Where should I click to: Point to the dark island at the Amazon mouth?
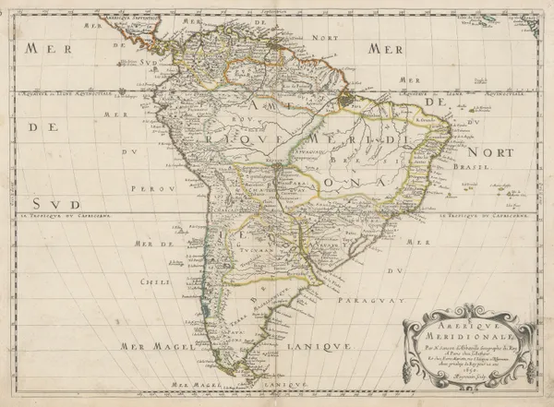pos(349,96)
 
